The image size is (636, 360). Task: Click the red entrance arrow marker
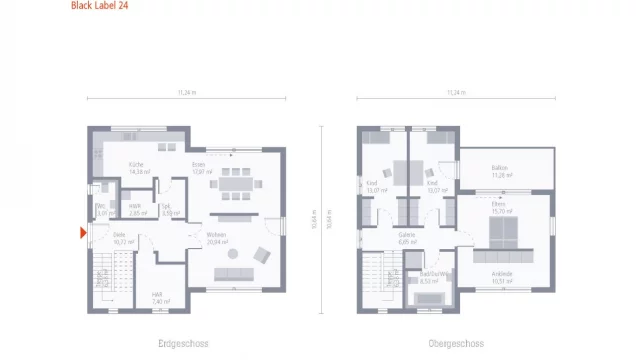point(83,233)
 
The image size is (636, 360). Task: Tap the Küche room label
point(139,166)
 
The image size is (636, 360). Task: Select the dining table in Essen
point(236,183)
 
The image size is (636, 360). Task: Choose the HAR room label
point(157,295)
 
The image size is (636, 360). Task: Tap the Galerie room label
point(407,237)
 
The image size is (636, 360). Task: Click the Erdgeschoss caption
point(183,343)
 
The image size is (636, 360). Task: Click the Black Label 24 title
point(99,6)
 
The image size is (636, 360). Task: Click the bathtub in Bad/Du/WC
point(429,297)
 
